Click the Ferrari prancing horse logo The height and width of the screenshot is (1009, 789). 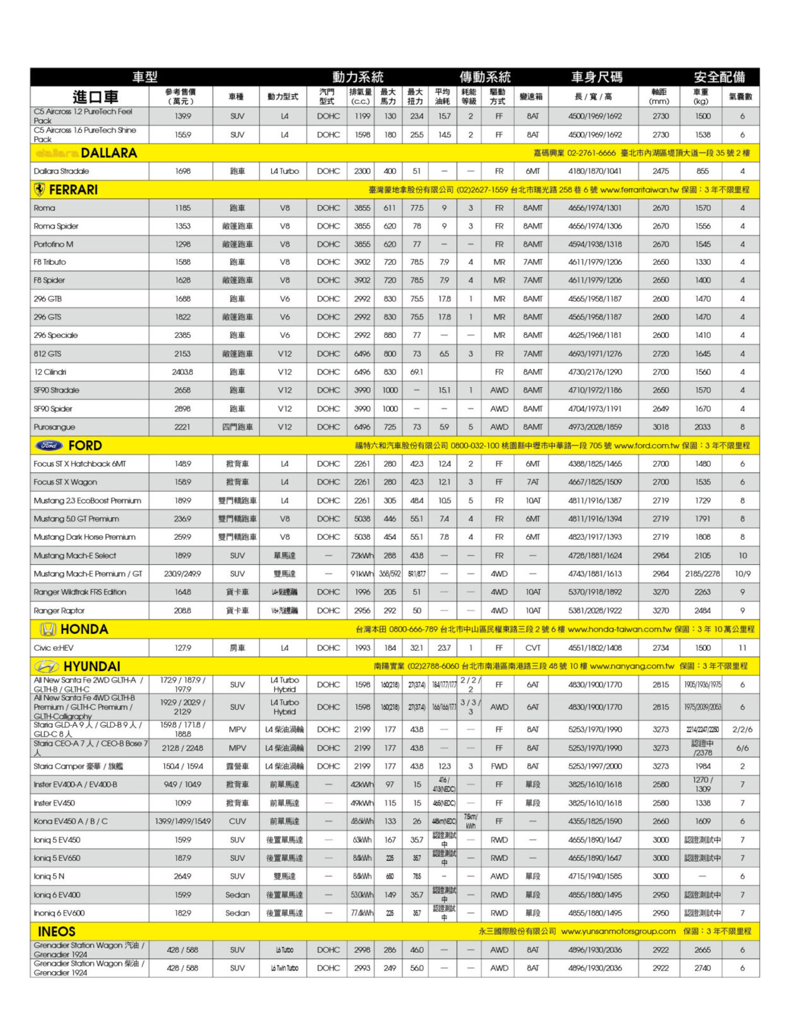coord(39,190)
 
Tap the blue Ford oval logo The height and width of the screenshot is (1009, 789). coord(49,445)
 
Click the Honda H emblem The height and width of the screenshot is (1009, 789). coord(48,629)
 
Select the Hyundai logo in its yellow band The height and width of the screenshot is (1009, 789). coord(46,667)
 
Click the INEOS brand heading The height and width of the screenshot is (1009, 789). coord(56,931)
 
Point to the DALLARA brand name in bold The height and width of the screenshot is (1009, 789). coord(108,153)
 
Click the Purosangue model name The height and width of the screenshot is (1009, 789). coord(54,427)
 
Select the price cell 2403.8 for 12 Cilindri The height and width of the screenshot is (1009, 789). coord(182,372)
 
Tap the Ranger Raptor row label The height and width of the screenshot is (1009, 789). coord(59,610)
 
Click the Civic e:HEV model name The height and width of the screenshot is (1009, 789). coord(54,648)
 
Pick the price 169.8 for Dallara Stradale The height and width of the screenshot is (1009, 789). coord(182,171)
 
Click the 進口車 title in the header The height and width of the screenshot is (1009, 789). coord(95,96)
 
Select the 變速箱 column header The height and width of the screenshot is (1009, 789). coord(531,96)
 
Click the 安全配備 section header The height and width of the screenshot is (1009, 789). coord(719,77)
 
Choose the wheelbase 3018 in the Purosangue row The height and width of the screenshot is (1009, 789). coord(660,427)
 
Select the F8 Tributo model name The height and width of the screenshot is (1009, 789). coord(50,262)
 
